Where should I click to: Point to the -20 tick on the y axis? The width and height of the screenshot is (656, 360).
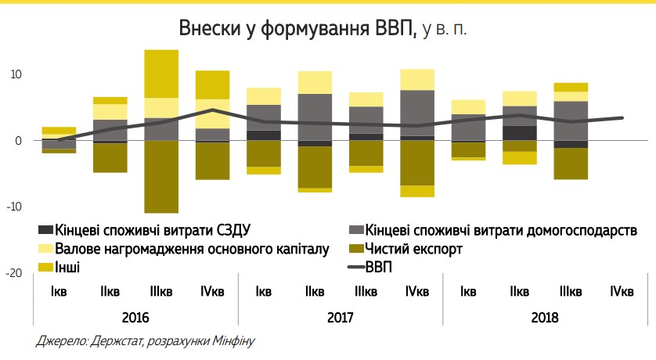click(13, 273)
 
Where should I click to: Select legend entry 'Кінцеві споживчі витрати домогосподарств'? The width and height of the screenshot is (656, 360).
click(501, 231)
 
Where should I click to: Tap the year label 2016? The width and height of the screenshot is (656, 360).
click(135, 319)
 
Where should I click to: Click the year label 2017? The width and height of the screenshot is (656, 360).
click(341, 319)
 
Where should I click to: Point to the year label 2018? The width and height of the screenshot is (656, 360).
click(545, 319)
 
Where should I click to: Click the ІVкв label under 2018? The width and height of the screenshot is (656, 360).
click(622, 293)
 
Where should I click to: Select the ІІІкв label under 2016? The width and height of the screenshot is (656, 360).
click(161, 293)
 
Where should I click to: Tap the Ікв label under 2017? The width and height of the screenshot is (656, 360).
click(264, 293)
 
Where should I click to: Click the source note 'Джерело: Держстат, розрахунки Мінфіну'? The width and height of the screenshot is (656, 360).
click(146, 342)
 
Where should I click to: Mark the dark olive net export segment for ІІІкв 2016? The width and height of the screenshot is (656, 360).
click(161, 176)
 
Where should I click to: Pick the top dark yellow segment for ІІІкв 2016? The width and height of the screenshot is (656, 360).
click(161, 74)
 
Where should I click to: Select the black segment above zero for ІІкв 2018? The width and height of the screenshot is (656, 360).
click(520, 133)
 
